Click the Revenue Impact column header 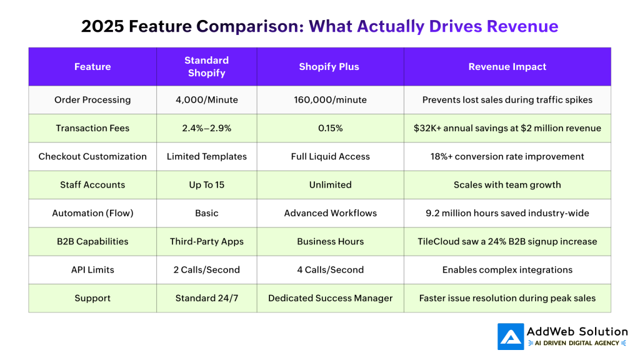click(507, 67)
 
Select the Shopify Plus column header click(329, 67)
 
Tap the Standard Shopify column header click(206, 67)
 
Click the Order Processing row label click(92, 100)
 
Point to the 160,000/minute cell click(330, 100)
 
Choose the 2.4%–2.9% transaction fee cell click(206, 128)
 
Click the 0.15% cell click(330, 128)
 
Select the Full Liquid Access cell click(330, 156)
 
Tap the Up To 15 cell click(206, 185)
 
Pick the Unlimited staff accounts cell click(330, 185)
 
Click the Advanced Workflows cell click(330, 213)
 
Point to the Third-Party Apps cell click(206, 242)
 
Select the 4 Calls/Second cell click(330, 270)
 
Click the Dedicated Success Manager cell click(330, 298)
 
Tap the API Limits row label click(92, 270)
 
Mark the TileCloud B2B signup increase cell click(507, 242)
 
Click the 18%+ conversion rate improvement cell click(507, 156)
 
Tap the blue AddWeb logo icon click(511, 336)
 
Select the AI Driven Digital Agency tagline click(577, 343)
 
